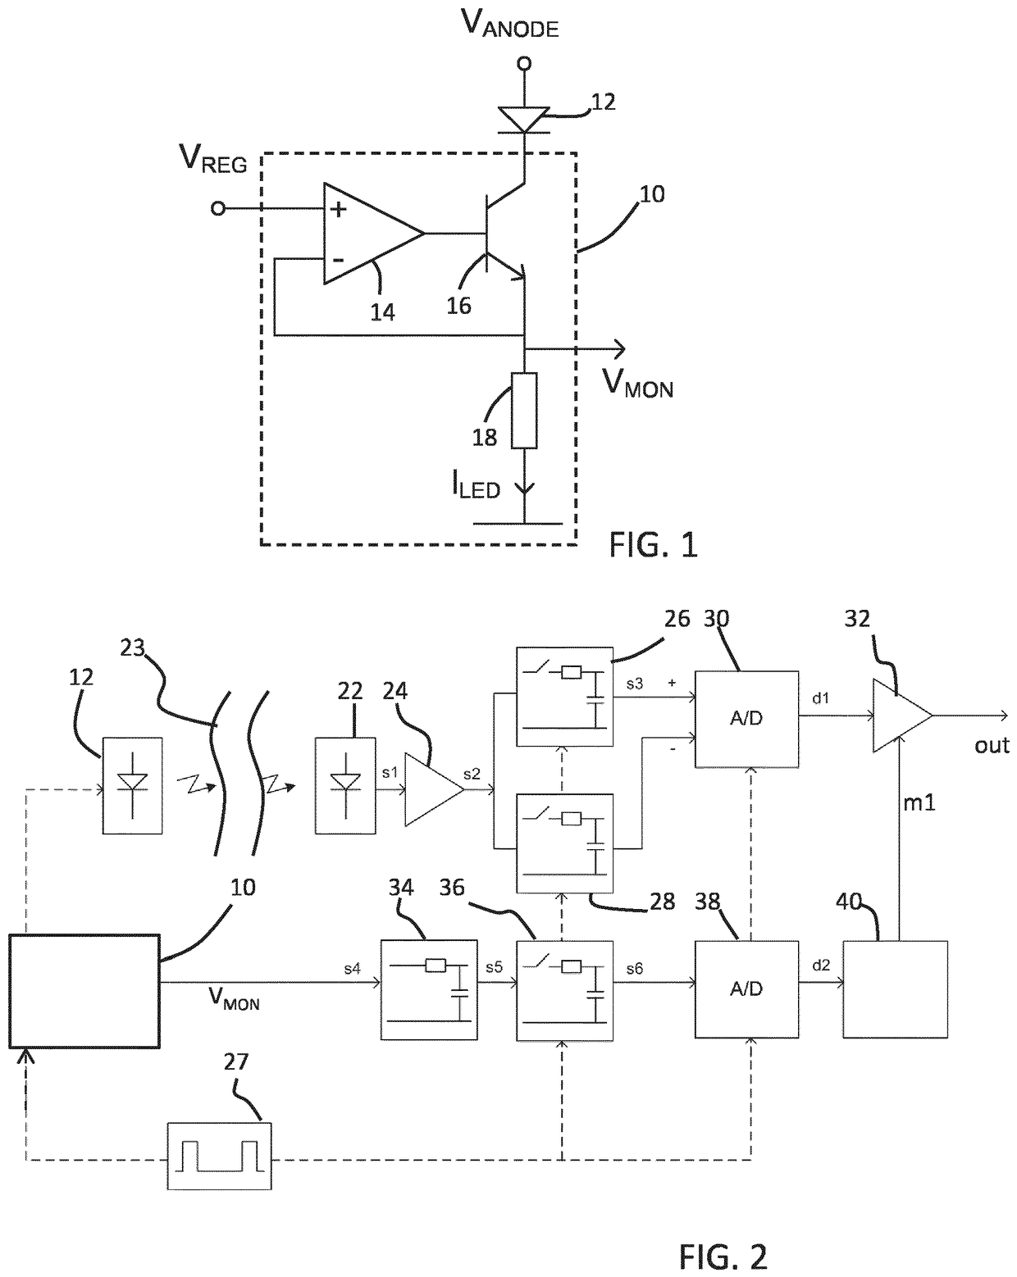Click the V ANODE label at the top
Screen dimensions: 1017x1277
[509, 25]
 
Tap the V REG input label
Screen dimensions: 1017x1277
[212, 159]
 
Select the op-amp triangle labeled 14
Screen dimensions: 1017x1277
[373, 234]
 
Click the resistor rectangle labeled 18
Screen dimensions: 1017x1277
[524, 410]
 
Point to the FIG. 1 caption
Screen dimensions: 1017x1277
[653, 545]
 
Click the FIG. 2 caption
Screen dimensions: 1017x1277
[723, 1257]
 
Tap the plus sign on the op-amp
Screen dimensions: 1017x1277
[339, 209]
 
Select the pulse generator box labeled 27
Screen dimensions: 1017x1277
[219, 1156]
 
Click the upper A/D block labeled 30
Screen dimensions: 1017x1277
[746, 719]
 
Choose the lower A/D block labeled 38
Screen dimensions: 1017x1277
[746, 989]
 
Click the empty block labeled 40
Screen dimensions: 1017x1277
[895, 989]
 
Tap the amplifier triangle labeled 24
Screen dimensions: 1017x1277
[434, 790]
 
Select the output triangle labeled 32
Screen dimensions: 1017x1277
[902, 716]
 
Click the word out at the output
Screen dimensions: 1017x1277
[992, 746]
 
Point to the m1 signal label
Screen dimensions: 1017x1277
[919, 803]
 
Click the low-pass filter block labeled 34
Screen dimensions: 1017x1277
[429, 990]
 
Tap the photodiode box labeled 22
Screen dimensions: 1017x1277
[345, 786]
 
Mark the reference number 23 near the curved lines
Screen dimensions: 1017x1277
[132, 648]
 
